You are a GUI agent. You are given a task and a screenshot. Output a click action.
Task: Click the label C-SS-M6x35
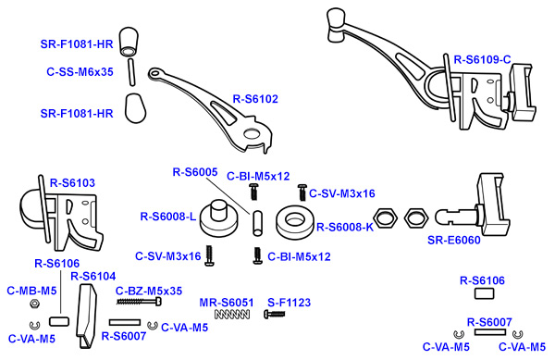pyautogui.click(x=80, y=72)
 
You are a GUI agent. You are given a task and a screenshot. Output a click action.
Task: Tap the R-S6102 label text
pyautogui.click(x=255, y=99)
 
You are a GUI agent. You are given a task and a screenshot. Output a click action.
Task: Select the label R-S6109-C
pyautogui.click(x=483, y=60)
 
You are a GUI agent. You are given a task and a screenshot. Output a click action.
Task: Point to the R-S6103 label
pyautogui.click(x=72, y=183)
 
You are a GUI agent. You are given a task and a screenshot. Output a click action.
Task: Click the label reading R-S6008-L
pyautogui.click(x=168, y=217)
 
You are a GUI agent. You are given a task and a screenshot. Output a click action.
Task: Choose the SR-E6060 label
pyautogui.click(x=454, y=240)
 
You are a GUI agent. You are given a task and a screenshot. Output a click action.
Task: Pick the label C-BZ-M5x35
pyautogui.click(x=149, y=291)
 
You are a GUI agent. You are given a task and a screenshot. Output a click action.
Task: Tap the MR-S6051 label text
pyautogui.click(x=227, y=303)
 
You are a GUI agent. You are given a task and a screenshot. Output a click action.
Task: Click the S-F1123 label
pyautogui.click(x=290, y=303)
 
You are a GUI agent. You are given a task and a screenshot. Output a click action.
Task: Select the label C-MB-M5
pyautogui.click(x=31, y=291)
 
